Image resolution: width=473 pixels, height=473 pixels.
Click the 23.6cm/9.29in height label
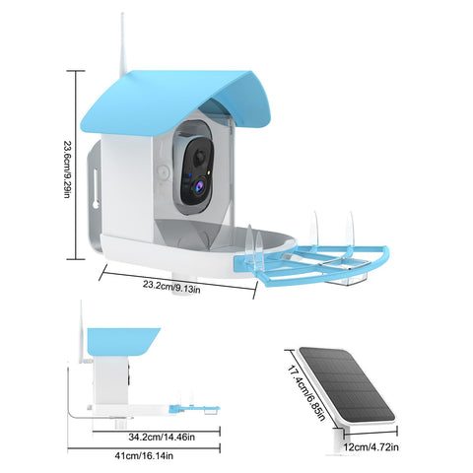[67, 169]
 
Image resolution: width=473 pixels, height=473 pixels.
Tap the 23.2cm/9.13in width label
[171, 286]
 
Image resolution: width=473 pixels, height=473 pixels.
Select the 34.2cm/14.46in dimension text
[162, 438]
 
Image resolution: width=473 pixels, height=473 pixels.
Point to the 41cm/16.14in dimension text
[144, 456]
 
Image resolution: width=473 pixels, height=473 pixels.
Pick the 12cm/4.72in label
[372, 447]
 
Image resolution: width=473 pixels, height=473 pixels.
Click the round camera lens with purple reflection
[199, 186]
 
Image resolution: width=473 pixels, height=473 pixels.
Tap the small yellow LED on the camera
[209, 171]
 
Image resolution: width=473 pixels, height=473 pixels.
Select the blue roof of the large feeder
[175, 99]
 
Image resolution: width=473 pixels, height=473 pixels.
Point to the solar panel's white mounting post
[338, 439]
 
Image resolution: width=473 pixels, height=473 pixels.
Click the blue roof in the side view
[122, 342]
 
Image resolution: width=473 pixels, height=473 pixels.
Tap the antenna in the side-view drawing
[82, 332]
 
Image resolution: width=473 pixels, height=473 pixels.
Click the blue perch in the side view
[194, 409]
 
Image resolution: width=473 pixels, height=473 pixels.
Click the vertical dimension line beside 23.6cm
[76, 165]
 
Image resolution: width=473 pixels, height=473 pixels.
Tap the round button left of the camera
[163, 171]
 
